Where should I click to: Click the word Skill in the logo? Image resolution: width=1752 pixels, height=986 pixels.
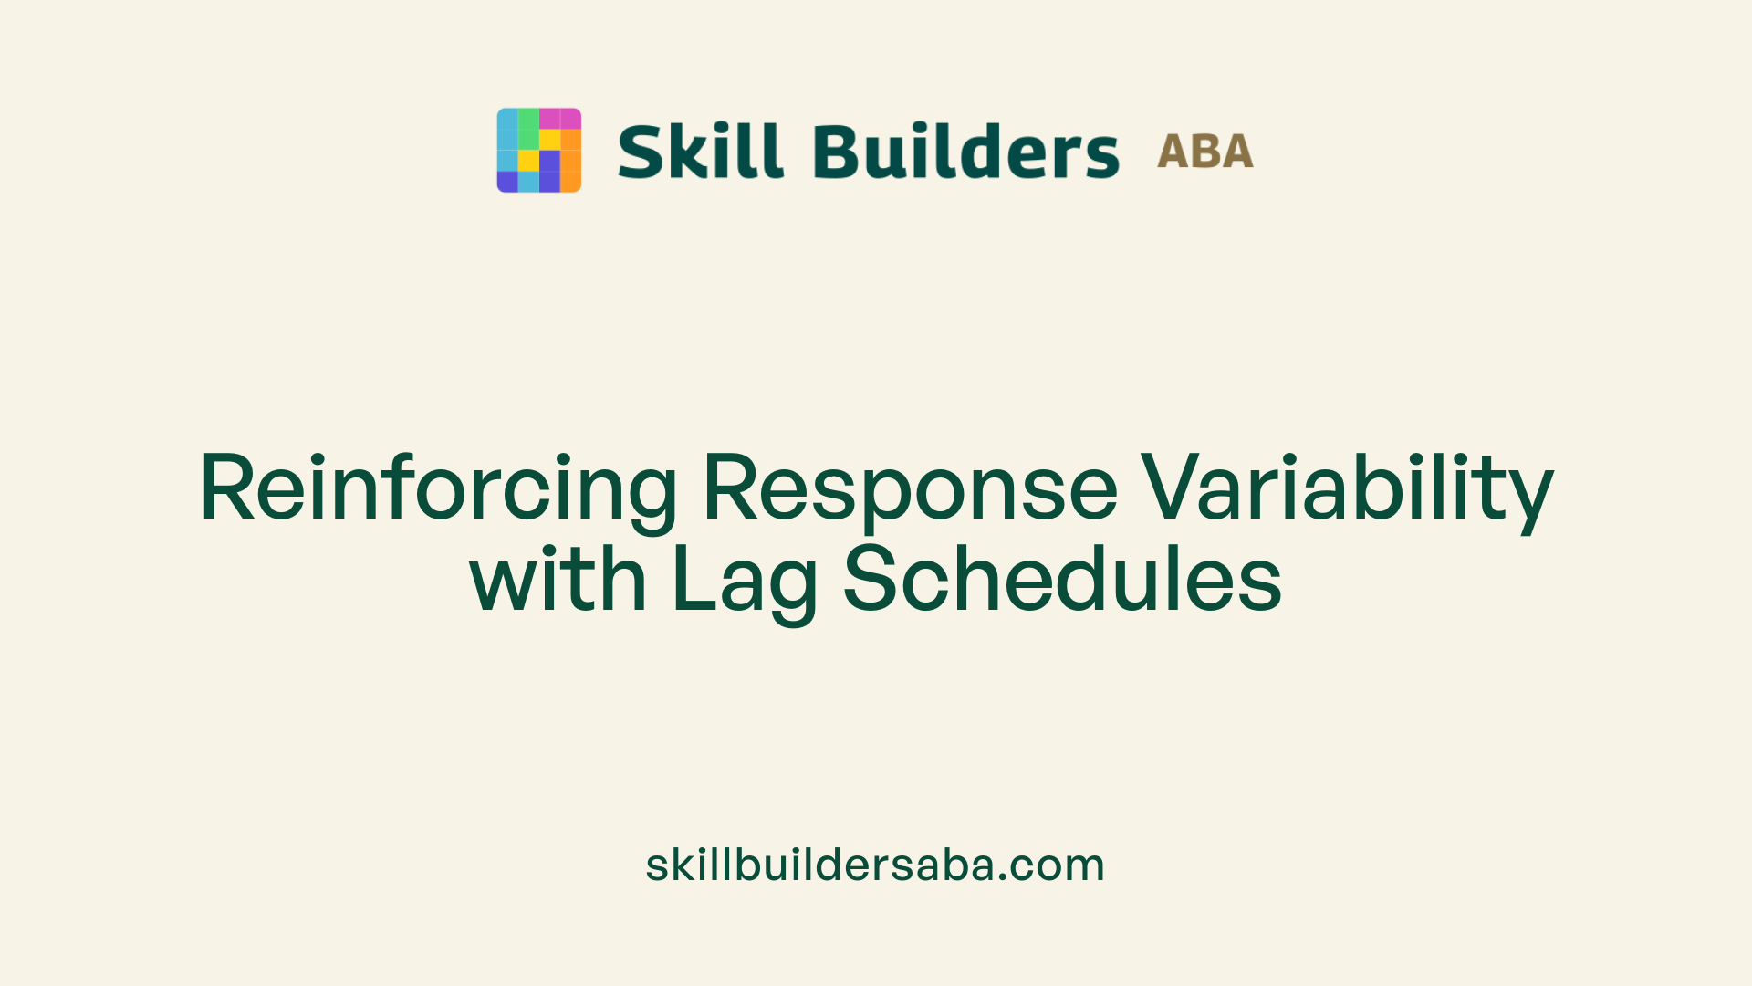(x=700, y=151)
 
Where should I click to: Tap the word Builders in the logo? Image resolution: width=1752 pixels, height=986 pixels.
(x=965, y=151)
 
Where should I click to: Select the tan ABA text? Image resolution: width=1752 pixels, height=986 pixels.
(x=1204, y=152)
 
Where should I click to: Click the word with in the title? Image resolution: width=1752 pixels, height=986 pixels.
(x=558, y=579)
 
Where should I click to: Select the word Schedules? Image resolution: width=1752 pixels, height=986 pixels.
(x=1062, y=579)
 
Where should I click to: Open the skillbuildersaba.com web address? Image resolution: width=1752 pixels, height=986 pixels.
(x=875, y=865)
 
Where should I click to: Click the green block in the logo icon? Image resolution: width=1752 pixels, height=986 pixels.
(x=528, y=129)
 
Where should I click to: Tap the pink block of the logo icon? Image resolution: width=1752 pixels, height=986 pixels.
(x=559, y=119)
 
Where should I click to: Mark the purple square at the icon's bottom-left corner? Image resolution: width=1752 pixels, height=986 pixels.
(x=507, y=182)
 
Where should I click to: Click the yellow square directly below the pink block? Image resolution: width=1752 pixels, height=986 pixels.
(x=549, y=139)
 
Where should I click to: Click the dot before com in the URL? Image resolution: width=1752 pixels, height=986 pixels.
(x=1004, y=878)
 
